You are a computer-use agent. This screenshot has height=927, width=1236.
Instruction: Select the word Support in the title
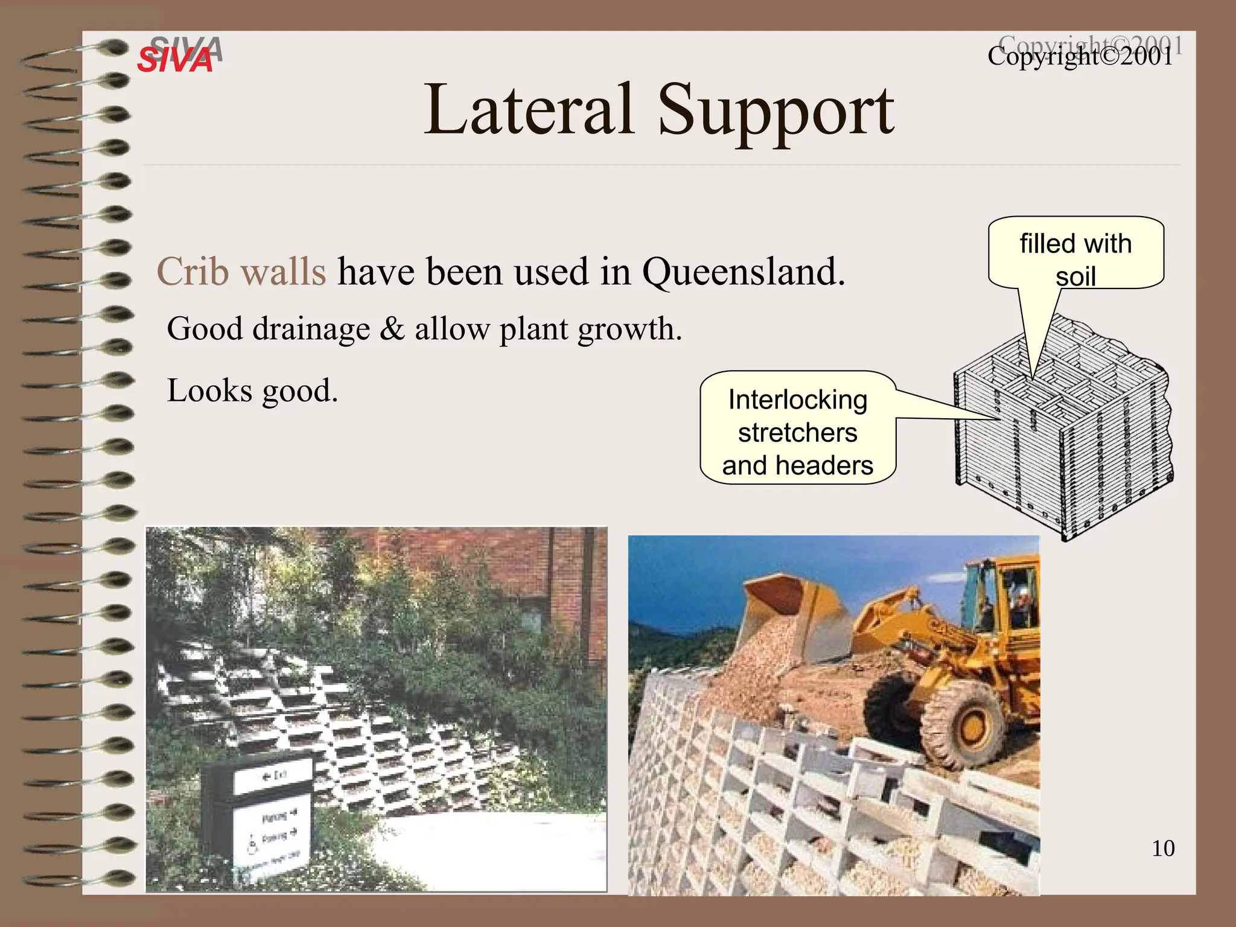click(x=775, y=112)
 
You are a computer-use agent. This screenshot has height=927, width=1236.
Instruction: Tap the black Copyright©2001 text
click(x=1080, y=57)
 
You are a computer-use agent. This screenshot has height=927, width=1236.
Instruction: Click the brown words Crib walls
click(x=241, y=271)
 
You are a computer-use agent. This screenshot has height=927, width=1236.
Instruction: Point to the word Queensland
click(x=742, y=271)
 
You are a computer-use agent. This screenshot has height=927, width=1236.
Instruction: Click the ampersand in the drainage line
click(x=392, y=330)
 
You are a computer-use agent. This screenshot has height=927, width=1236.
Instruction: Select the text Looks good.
click(x=252, y=390)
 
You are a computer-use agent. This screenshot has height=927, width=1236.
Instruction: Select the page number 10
click(x=1162, y=848)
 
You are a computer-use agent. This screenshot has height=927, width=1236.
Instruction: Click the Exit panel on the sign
click(x=275, y=776)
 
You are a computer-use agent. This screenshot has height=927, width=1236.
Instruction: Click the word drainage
click(x=311, y=330)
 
